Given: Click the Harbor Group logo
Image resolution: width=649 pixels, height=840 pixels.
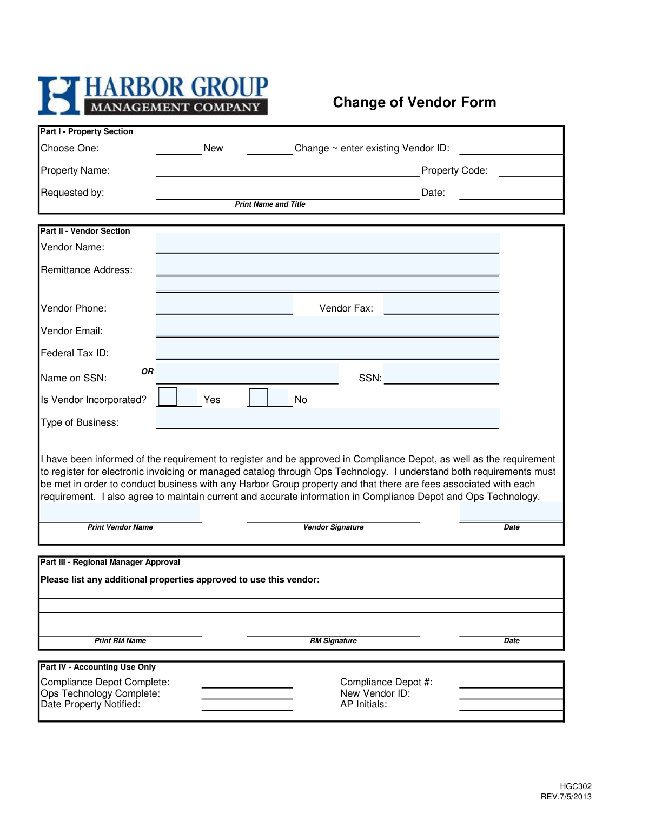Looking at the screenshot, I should coord(153,96).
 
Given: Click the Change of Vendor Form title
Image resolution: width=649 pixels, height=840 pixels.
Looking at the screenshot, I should coord(414,102).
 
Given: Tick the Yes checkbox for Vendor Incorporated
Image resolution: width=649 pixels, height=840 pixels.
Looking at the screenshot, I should coord(168,396).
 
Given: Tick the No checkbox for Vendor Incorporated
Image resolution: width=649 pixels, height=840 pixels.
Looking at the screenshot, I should coord(259,397).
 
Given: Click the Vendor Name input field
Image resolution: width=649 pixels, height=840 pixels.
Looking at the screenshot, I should coord(327,243).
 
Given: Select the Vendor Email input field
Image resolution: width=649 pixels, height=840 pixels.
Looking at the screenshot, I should coord(327,327).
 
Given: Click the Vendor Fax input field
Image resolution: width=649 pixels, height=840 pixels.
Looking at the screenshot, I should coord(441,305).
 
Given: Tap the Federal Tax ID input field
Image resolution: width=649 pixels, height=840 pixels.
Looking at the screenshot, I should coord(327,349).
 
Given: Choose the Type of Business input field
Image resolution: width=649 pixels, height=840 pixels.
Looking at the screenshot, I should coord(327,419).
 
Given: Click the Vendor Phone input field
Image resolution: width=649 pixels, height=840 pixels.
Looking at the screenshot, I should coord(224,305).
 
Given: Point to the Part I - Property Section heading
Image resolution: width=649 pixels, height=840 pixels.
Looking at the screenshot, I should coord(87,131).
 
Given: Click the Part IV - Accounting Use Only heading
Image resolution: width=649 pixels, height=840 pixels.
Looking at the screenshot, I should coord(98,667).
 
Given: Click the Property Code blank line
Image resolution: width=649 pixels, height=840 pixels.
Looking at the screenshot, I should coord(531,173).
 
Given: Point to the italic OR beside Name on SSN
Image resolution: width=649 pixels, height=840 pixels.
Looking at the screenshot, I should coord(147,372).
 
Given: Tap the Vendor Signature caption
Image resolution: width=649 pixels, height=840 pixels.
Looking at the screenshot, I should coord(333,527).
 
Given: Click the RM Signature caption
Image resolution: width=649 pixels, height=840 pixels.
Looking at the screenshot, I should coord(333,641).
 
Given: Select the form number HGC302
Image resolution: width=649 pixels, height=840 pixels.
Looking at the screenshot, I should coord(575,786).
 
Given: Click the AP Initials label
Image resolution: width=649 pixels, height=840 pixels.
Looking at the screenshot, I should coord(363,704).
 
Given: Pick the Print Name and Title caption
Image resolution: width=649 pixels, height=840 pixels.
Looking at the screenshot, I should coord(270,204).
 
